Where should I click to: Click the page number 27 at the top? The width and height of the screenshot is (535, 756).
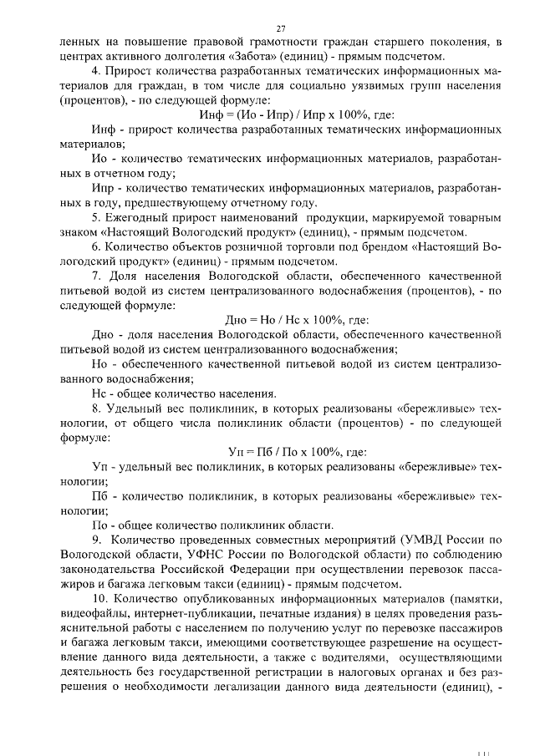click(269, 28)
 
